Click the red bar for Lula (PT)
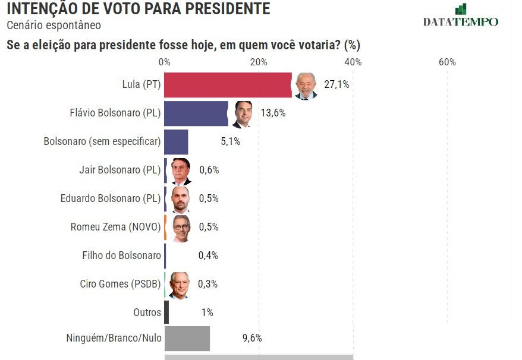[x=228, y=85]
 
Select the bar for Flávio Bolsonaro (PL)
[x=196, y=113]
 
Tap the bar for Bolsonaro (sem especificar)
[x=176, y=142]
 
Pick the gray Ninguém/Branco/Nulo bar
[x=187, y=338]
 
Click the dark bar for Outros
[x=167, y=312]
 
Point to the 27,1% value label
[x=337, y=85]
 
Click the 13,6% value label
[x=273, y=113]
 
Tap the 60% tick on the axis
[x=447, y=62]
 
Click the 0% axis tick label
[x=165, y=62]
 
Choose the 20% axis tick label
[x=259, y=62]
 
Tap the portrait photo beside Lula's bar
[x=306, y=86]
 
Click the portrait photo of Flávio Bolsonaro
[x=243, y=114]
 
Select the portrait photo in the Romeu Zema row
[x=181, y=228]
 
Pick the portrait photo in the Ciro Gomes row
[x=178, y=285]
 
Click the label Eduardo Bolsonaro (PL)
[x=111, y=198]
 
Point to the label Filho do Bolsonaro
[x=121, y=255]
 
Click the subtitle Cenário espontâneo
[x=54, y=26]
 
